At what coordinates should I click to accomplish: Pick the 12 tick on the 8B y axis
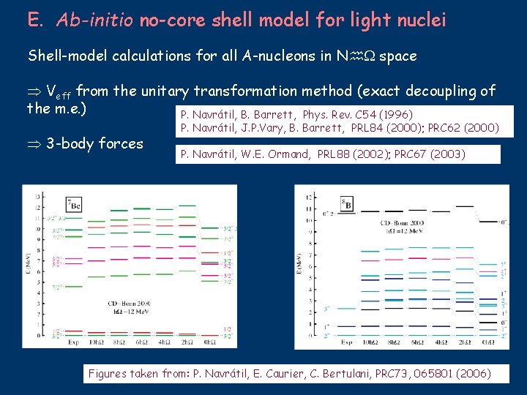point(310,197)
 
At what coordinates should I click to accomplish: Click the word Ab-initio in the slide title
point(91,20)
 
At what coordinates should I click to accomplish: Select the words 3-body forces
point(94,143)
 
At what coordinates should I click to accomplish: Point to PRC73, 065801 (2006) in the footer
point(432,374)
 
